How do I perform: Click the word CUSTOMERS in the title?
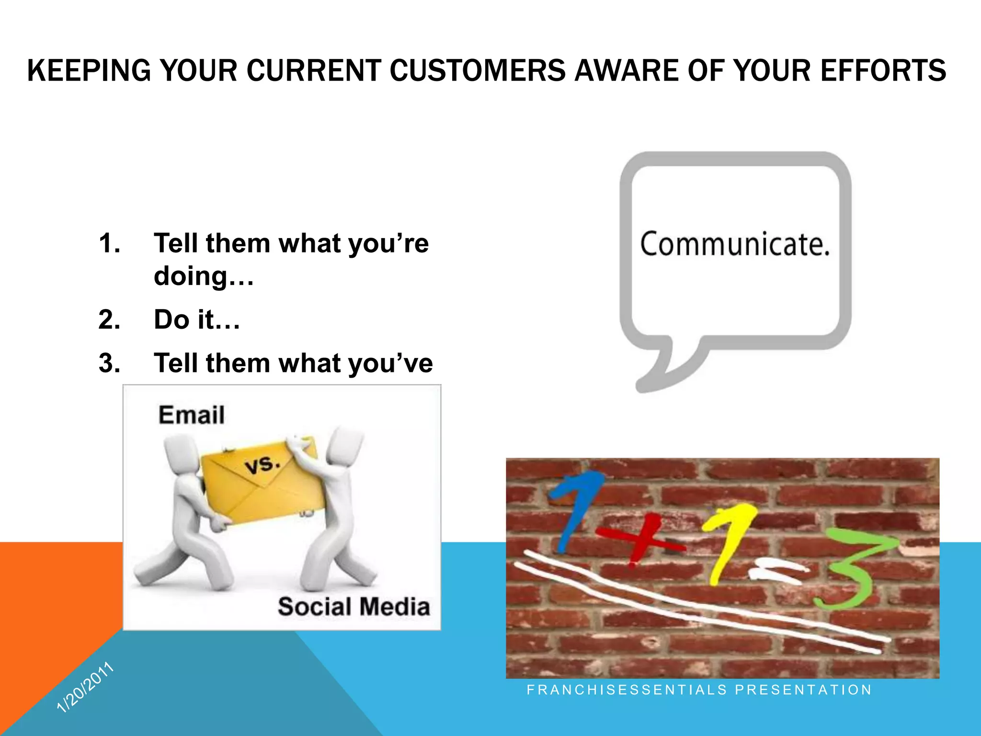(477, 71)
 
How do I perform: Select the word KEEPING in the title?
(89, 71)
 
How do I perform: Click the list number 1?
(109, 243)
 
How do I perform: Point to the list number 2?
(109, 320)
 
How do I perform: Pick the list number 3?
(109, 363)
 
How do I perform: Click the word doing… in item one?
(204, 276)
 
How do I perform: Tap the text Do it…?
(196, 320)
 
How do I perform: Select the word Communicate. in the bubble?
(735, 244)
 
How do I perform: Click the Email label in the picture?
(192, 415)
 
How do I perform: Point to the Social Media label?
(354, 607)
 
